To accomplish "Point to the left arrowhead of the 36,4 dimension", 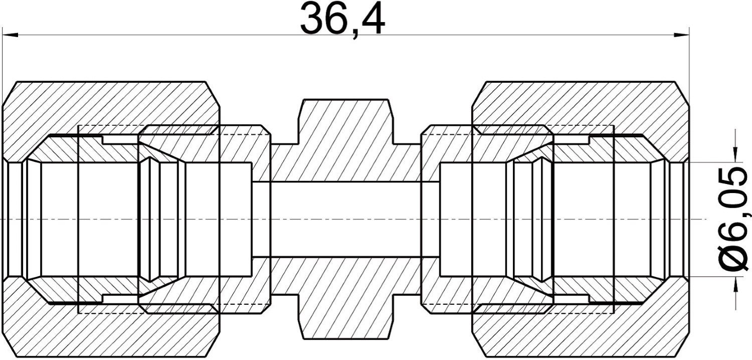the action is pyautogui.click(x=10, y=35).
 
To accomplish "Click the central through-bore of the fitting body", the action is pyautogui.click(x=346, y=220).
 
